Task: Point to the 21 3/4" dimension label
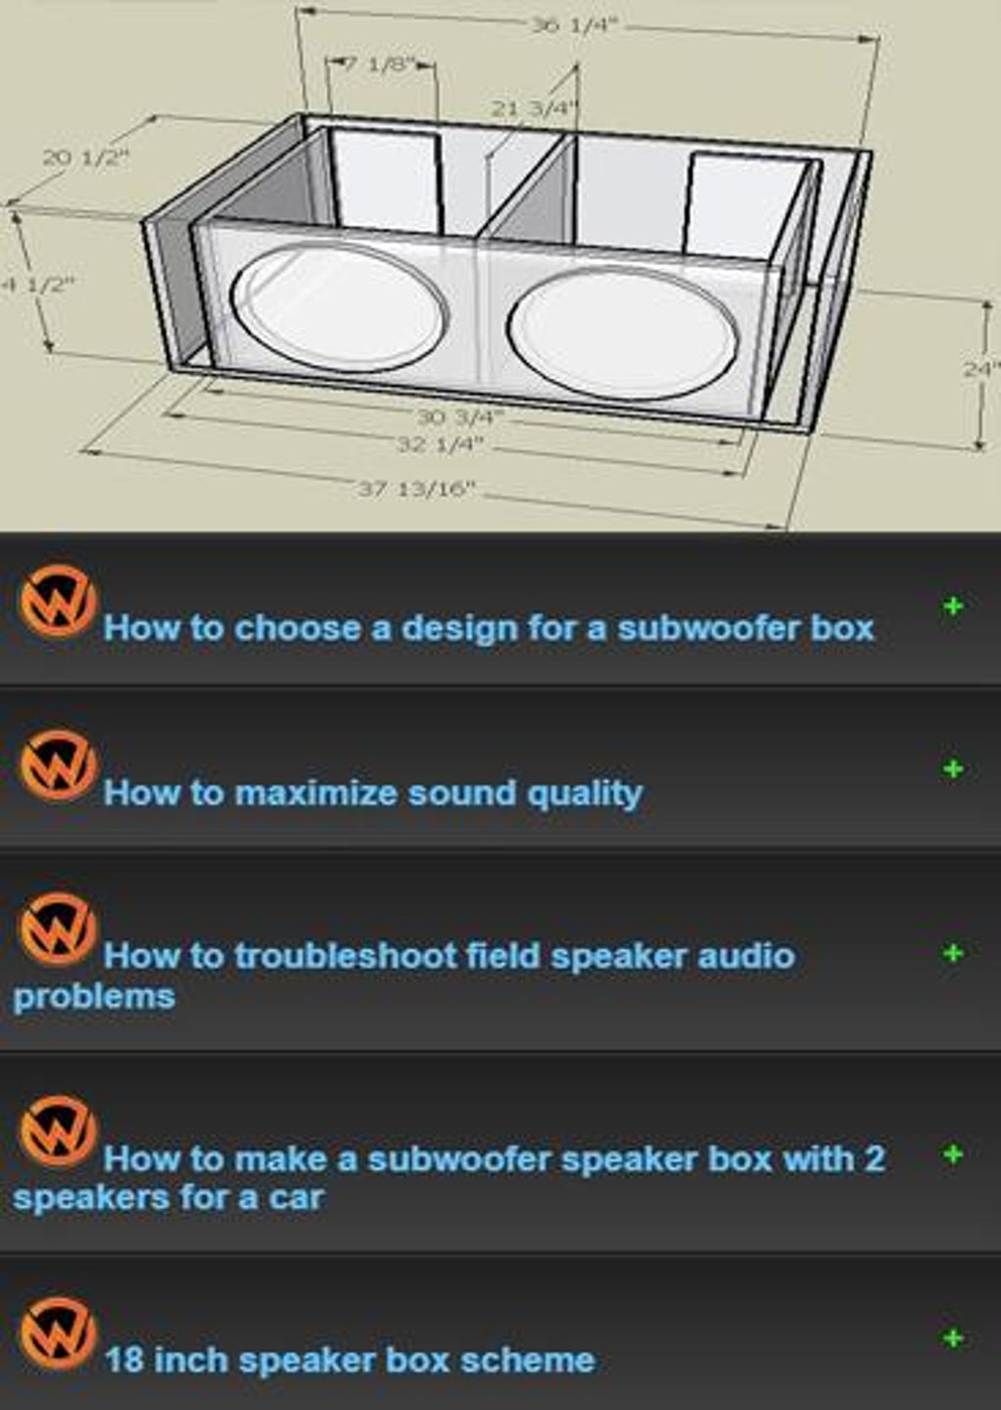[534, 108]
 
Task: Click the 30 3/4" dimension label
[459, 417]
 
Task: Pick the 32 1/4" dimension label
[440, 444]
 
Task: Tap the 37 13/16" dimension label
[416, 488]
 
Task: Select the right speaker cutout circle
[623, 334]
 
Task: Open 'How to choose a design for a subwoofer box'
[489, 628]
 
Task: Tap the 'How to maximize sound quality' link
[373, 793]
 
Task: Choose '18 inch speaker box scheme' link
[349, 1360]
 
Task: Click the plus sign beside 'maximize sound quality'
[952, 769]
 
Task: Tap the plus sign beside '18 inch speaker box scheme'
[952, 1338]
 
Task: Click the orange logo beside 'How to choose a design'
[57, 601]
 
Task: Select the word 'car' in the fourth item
[296, 1198]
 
